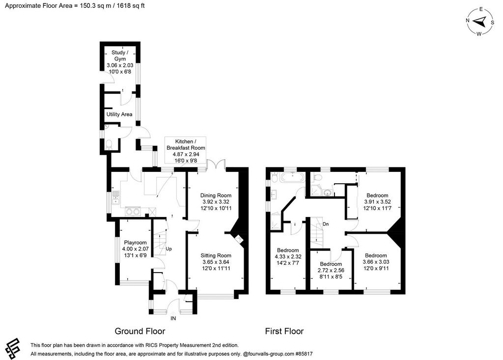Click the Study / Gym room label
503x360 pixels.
point(120,62)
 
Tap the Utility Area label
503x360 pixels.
point(119,114)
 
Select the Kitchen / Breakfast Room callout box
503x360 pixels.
point(185,151)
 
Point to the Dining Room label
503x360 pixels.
point(216,202)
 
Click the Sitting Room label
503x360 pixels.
point(216,262)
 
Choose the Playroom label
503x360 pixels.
point(135,249)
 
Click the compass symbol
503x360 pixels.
point(480,22)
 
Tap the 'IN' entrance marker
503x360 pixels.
point(173,318)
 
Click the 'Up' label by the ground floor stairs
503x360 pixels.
point(169,249)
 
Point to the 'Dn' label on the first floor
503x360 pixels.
point(326,224)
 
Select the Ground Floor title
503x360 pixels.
point(140,331)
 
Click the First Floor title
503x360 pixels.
point(284,331)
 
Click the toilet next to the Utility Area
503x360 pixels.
point(109,144)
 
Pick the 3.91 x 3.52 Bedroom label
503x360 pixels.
point(377,202)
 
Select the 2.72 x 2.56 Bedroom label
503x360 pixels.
point(331,270)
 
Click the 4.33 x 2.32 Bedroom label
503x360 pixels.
point(288,257)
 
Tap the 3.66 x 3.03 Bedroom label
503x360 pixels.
point(376,262)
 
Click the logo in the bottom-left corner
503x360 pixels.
point(12,348)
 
